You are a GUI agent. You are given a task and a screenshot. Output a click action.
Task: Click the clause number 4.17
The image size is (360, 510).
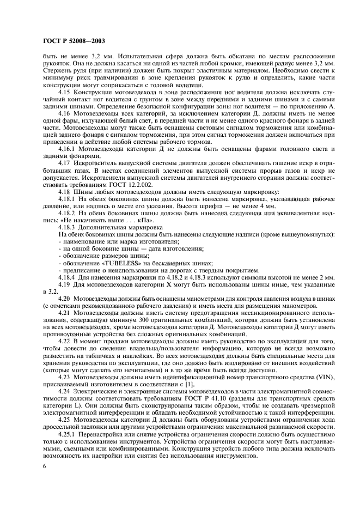(65, 162)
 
